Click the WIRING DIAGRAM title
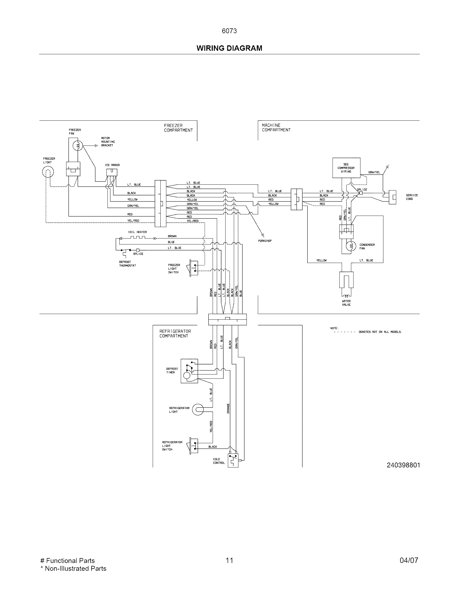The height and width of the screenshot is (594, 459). (x=229, y=48)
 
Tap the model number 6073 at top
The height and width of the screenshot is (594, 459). (x=229, y=31)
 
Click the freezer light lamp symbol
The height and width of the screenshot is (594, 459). (x=48, y=172)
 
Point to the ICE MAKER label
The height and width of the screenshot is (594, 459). (x=112, y=165)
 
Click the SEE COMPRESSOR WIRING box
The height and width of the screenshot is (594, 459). (x=346, y=168)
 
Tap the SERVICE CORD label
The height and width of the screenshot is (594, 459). (x=412, y=197)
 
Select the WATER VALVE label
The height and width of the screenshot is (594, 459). (x=346, y=303)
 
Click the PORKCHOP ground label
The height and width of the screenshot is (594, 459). (x=265, y=241)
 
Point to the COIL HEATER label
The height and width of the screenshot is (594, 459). (x=137, y=232)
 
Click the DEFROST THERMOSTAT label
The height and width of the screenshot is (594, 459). (x=127, y=264)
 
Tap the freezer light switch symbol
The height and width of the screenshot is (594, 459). (x=194, y=268)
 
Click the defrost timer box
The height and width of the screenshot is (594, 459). (x=190, y=371)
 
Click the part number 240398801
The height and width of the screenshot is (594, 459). (x=403, y=465)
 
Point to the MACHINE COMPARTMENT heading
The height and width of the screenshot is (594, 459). (x=276, y=127)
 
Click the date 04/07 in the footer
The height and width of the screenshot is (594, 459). (x=409, y=560)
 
